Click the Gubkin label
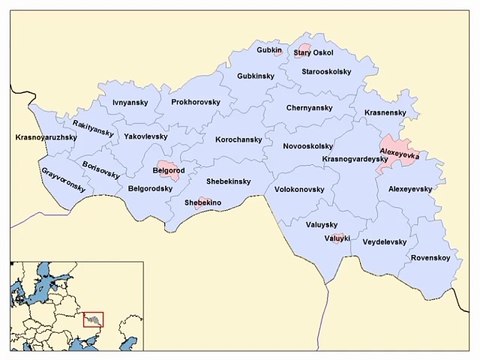(269, 49)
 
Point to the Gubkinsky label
(256, 76)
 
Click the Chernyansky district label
(309, 107)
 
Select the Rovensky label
(429, 257)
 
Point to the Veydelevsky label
(385, 241)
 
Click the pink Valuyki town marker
(336, 238)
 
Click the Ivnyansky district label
(131, 102)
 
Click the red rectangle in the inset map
(94, 318)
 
